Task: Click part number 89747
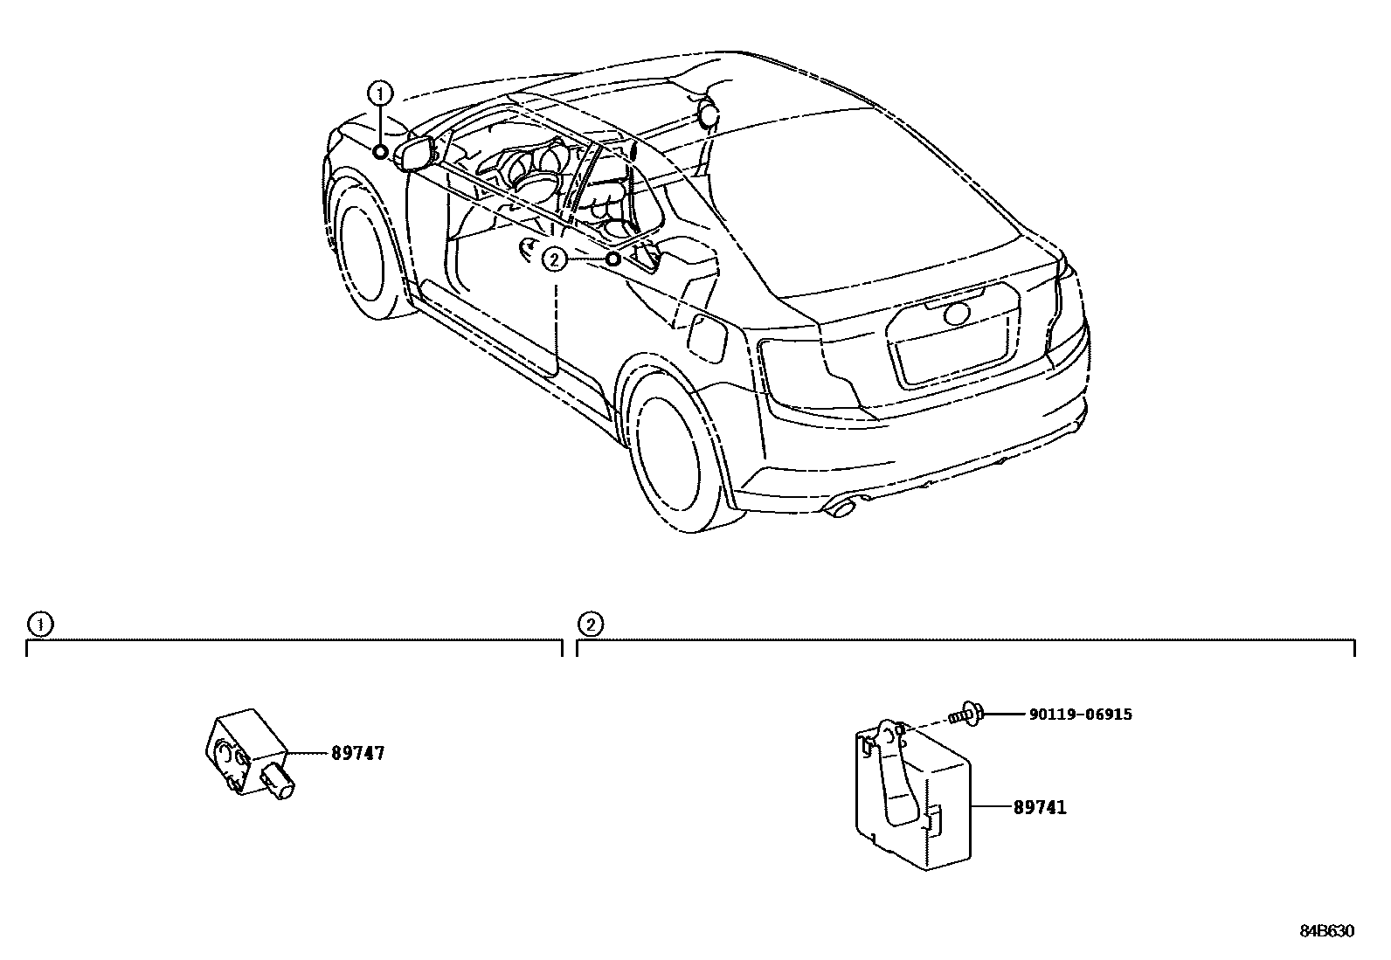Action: click(x=357, y=753)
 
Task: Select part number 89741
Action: click(x=1040, y=808)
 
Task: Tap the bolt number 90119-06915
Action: click(x=1080, y=715)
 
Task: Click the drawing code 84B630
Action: click(x=1325, y=932)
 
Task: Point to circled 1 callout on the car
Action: click(x=380, y=92)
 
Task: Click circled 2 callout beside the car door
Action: click(x=554, y=259)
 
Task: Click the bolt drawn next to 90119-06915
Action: click(x=967, y=715)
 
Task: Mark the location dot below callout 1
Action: click(x=380, y=152)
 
